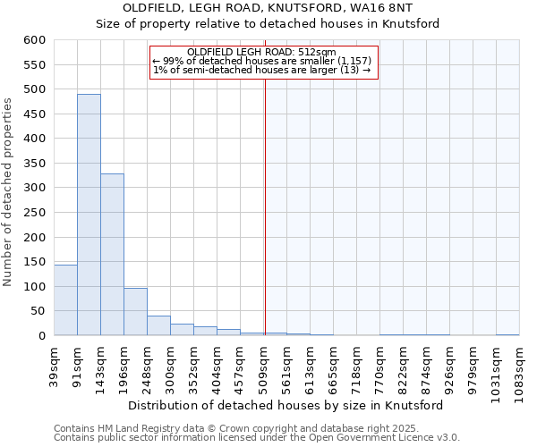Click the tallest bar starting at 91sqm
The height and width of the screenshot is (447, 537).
click(89, 215)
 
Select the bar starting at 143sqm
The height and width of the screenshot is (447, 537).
click(112, 255)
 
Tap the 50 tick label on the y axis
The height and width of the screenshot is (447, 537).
click(38, 311)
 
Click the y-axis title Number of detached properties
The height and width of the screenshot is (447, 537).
click(9, 192)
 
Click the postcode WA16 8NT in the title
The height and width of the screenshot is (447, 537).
click(422, 8)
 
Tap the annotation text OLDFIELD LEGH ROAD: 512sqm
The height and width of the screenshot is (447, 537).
click(262, 52)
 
